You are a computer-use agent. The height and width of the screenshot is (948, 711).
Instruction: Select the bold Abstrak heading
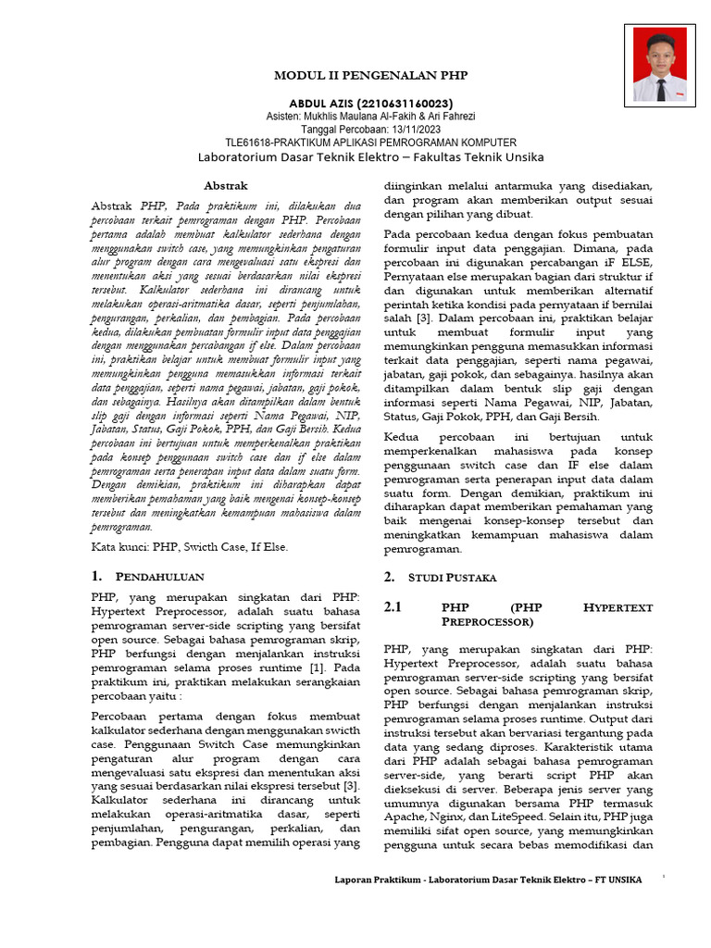(226, 185)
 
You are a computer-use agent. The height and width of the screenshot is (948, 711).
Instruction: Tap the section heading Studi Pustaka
(455, 577)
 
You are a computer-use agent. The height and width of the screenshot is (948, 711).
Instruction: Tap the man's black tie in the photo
(660, 88)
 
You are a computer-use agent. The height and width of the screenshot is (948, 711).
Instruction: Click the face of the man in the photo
(660, 50)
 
